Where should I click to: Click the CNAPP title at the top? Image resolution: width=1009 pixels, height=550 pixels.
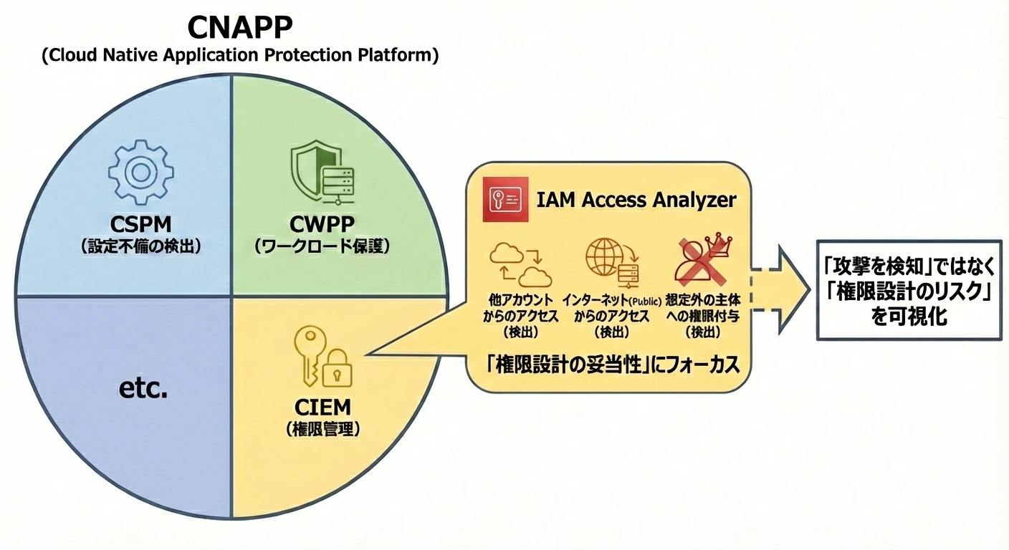239,27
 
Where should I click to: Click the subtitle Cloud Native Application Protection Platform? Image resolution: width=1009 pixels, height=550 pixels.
239,56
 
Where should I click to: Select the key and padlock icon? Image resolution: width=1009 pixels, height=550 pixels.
317,356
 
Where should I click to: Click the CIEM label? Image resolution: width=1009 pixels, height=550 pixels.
323,407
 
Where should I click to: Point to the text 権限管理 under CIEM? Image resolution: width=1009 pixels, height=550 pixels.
323,429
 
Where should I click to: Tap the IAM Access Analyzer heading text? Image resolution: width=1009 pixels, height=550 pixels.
636,200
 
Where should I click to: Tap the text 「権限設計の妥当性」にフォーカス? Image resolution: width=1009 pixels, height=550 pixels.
612,365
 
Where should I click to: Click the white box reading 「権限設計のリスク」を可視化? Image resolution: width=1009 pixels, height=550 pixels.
909,290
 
